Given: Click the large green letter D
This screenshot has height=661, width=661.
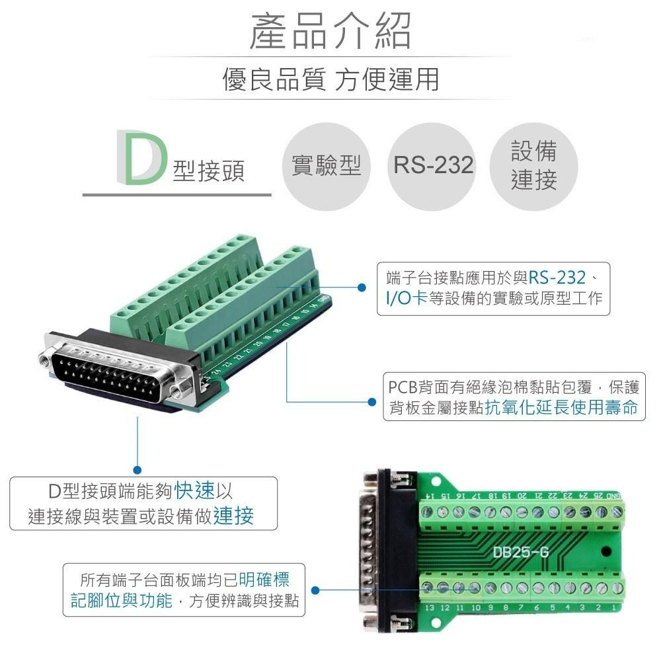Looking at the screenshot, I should tap(139, 157).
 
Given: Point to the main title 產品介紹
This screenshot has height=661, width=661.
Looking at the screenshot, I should tap(330, 31).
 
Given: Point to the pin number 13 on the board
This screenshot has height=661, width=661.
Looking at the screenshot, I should tap(429, 607).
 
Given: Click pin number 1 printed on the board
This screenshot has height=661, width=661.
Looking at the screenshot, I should tap(615, 607).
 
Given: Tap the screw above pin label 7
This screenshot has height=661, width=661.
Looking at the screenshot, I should tap(520, 587).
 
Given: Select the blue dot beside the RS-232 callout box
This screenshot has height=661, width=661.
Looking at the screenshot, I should tap(362, 288).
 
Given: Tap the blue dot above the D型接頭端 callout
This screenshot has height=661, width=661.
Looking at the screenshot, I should tap(137, 469).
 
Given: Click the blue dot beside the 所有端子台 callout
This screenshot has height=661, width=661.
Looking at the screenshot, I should tap(315, 590).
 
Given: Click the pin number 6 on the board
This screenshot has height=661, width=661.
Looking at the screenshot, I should tap(536, 607).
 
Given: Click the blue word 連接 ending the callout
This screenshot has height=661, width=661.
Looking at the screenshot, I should tap(233, 516).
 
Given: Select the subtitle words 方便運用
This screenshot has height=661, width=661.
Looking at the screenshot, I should tap(387, 79).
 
